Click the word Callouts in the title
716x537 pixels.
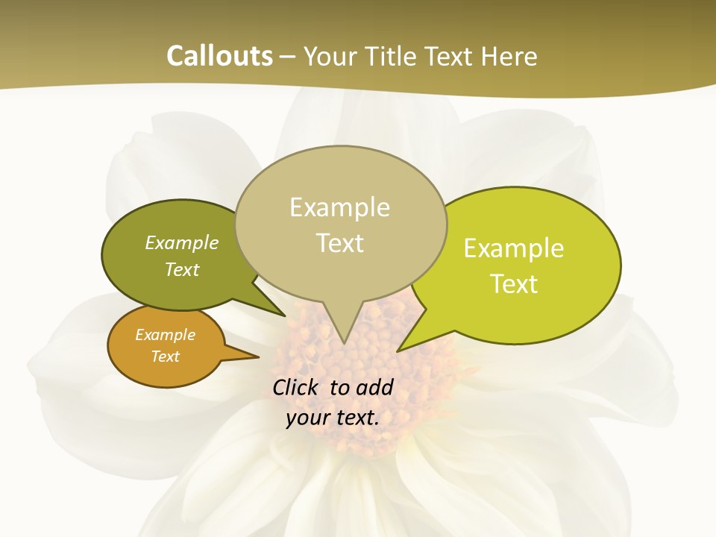219,56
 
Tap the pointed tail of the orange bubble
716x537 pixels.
250,356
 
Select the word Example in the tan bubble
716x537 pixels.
339,207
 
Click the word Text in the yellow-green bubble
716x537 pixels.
515,284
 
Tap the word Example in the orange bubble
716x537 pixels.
165,335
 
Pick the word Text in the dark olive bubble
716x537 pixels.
182,269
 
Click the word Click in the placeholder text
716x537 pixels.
296,387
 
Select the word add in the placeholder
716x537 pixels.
374,387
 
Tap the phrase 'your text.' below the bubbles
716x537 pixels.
333,418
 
